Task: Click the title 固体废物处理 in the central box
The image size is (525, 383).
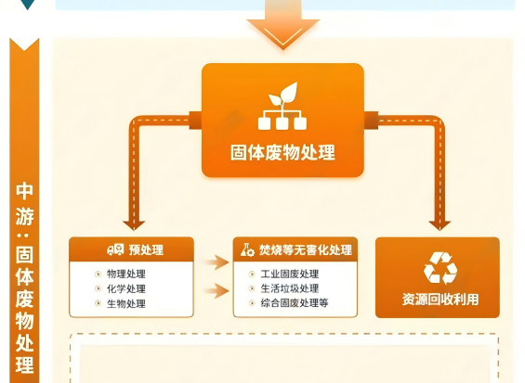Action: (282, 152)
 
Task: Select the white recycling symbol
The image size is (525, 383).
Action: (440, 268)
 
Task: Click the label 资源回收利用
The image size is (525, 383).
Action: (440, 300)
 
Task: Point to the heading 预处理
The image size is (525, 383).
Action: (146, 249)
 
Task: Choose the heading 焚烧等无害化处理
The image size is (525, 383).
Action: (306, 249)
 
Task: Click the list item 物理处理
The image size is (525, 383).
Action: (126, 274)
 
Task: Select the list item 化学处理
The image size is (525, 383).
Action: (126, 288)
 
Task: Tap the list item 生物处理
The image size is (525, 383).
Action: (126, 303)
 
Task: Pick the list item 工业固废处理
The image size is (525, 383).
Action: (290, 274)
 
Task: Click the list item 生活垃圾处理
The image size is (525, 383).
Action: (290, 288)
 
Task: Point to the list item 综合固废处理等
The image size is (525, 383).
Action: (295, 303)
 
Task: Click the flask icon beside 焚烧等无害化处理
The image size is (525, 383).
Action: (247, 249)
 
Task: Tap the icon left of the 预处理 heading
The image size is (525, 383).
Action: (115, 249)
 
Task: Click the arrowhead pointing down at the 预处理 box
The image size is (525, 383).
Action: (134, 225)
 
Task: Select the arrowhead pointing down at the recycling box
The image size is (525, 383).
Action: (440, 225)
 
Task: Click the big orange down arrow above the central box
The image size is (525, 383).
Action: (282, 24)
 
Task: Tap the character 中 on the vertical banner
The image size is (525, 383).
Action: (24, 191)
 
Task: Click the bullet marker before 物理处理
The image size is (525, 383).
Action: (98, 274)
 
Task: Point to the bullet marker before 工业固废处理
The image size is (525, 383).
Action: (252, 274)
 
